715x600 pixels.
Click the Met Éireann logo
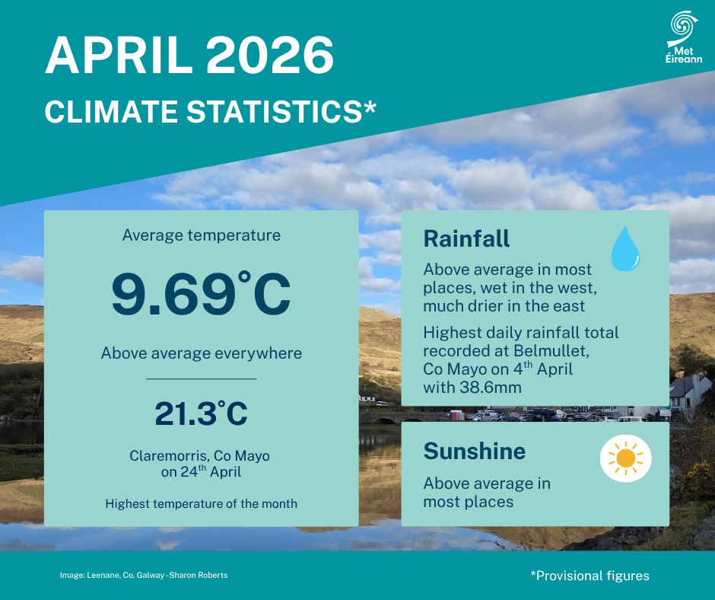(x=684, y=37)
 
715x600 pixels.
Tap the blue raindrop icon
(x=625, y=248)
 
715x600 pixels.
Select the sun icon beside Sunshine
(x=625, y=458)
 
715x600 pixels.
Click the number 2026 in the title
(x=270, y=56)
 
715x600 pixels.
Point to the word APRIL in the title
(x=119, y=56)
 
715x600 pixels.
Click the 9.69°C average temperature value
(x=201, y=294)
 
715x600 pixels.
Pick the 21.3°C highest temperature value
(x=201, y=413)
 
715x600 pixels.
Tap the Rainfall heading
(x=466, y=238)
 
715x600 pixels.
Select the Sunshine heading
(x=475, y=451)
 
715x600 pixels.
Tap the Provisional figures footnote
(x=590, y=576)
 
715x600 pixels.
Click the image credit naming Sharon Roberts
(x=144, y=576)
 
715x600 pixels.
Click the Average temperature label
(x=202, y=235)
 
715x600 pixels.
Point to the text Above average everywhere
(x=202, y=353)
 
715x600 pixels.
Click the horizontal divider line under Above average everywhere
(x=201, y=378)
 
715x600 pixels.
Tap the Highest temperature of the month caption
(x=201, y=503)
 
